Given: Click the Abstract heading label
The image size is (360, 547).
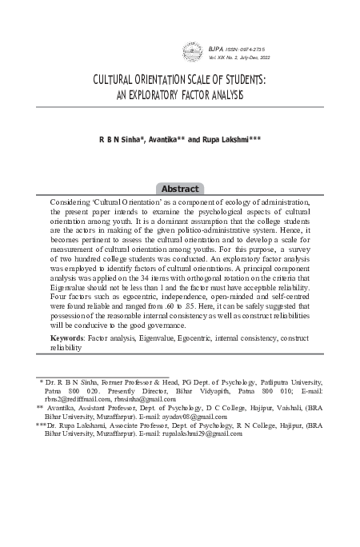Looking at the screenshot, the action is (x=180, y=189).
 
